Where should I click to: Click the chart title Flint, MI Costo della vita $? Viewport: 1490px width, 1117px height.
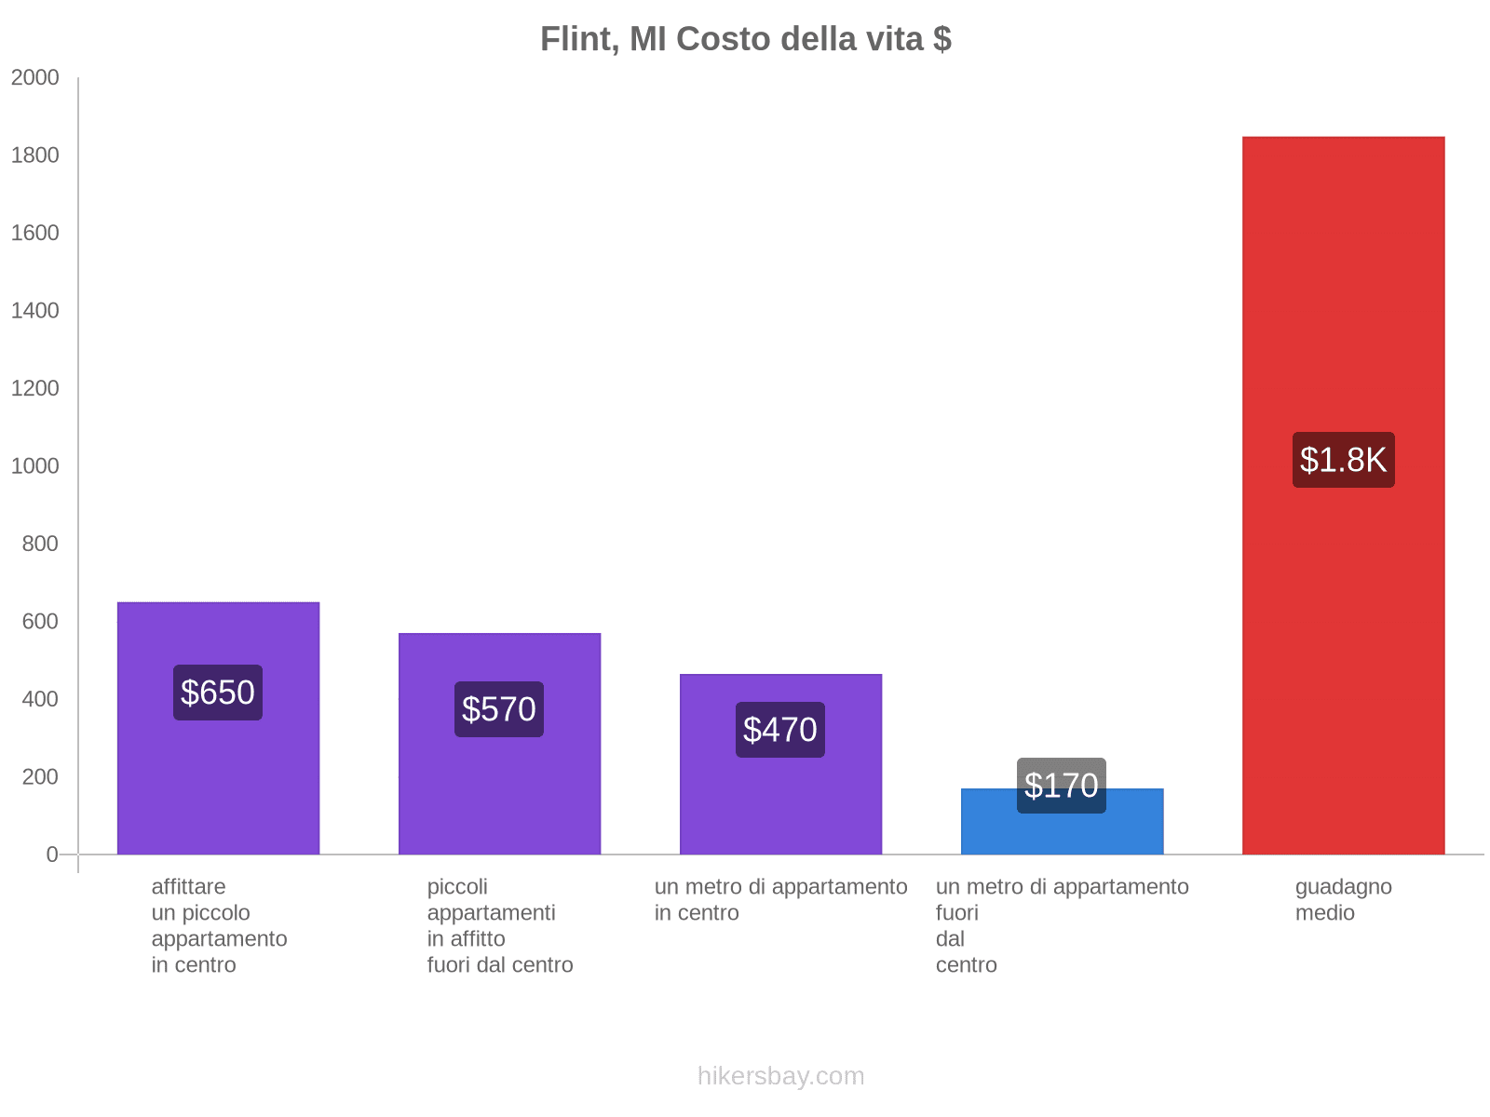[745, 39]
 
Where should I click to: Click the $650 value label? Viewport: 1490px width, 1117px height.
[218, 693]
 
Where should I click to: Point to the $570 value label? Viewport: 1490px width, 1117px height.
[499, 709]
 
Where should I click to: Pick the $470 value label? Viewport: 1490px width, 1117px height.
[780, 730]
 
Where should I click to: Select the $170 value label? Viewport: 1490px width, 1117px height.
[1062, 785]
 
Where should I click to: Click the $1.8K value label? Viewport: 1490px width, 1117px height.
[1343, 460]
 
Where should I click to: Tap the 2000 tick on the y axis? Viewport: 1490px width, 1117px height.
[35, 78]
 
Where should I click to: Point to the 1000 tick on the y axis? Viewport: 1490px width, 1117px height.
[35, 466]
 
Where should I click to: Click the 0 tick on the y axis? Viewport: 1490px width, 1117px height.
[52, 855]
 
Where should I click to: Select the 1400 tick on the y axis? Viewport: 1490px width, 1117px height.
[35, 311]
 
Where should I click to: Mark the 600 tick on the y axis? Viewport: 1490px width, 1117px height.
[40, 622]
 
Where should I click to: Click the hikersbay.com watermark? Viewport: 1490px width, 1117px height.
[780, 1076]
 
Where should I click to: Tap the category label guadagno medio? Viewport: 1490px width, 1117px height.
[1343, 899]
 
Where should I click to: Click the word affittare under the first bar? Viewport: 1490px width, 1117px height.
[188, 886]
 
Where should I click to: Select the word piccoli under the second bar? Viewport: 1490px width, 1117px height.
[457, 886]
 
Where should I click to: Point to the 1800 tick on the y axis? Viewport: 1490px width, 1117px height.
[35, 155]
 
